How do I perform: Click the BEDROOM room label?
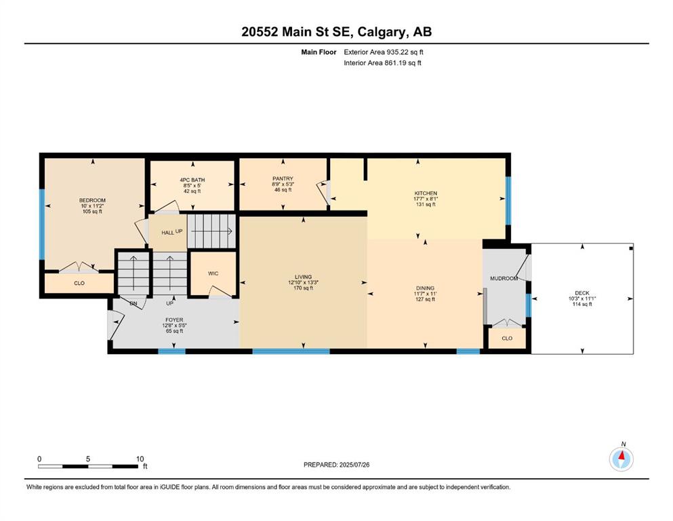click(x=92, y=200)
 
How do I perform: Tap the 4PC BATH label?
click(x=192, y=180)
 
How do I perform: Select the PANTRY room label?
click(x=283, y=178)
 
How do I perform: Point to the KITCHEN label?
click(x=426, y=193)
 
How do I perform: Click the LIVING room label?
click(x=303, y=277)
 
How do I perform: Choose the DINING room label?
click(x=425, y=288)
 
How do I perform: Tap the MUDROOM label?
click(x=504, y=278)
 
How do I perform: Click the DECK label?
click(x=582, y=293)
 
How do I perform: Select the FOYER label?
click(x=174, y=320)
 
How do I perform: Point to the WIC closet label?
click(x=213, y=273)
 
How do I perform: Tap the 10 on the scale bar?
click(x=140, y=459)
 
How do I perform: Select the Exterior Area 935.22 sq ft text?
click(x=384, y=52)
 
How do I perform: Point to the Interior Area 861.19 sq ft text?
click(x=382, y=62)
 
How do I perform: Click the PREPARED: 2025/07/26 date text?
click(x=336, y=465)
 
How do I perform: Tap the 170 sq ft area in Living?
click(x=303, y=288)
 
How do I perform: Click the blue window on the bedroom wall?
click(x=42, y=225)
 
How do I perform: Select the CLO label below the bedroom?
click(x=79, y=284)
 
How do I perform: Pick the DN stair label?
click(x=134, y=303)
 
